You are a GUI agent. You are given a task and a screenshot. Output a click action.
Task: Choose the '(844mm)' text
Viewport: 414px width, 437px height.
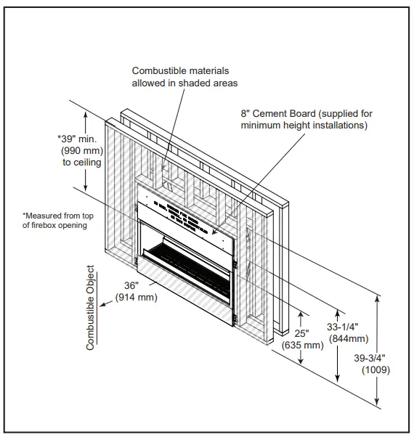tap(349, 338)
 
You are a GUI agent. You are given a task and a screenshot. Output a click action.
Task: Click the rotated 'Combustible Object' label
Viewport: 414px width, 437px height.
tap(91, 308)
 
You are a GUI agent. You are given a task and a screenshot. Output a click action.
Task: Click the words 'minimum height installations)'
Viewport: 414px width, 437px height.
tap(304, 126)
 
